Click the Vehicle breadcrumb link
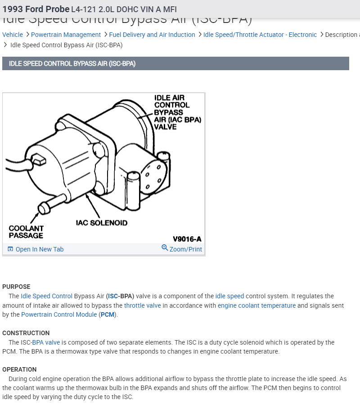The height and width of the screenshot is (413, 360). tap(13, 35)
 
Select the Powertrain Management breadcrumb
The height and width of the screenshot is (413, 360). tap(66, 35)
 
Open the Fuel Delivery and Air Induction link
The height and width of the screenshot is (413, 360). tap(152, 35)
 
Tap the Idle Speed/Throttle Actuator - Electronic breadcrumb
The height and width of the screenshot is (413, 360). tap(260, 35)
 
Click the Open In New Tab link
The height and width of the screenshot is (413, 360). tap(39, 249)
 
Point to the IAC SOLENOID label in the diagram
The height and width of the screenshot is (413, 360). tap(102, 223)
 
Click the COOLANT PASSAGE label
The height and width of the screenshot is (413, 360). tap(26, 232)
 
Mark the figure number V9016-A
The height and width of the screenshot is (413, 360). tap(187, 239)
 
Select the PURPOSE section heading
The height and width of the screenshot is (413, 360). tap(16, 287)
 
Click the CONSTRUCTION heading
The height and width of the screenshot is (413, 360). tap(26, 333)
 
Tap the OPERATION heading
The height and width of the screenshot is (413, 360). tap(19, 369)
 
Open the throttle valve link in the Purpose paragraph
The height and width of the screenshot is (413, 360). tap(142, 305)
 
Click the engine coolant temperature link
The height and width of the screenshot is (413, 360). tap(256, 305)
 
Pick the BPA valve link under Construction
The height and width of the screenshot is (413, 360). tap(46, 342)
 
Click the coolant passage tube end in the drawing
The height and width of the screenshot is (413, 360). tap(44, 208)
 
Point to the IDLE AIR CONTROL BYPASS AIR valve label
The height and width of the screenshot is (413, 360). tap(177, 112)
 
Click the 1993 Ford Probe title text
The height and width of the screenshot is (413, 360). tap(36, 9)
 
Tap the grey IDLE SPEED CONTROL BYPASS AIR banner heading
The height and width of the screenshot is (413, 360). tap(72, 63)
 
